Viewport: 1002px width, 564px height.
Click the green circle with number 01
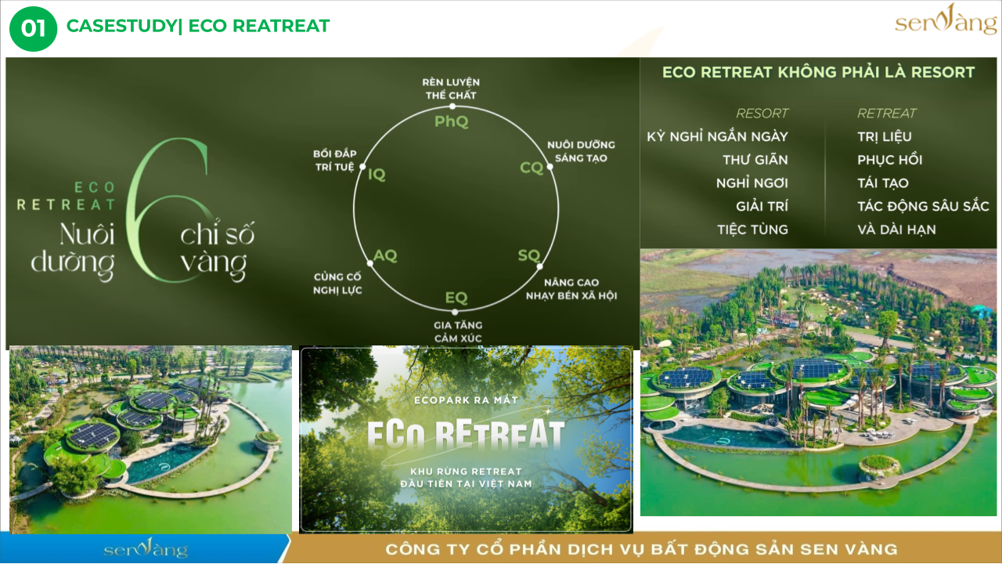pyautogui.click(x=33, y=29)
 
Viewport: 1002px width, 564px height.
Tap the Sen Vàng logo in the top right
pyautogui.click(x=945, y=20)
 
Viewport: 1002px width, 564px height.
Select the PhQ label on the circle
pyautogui.click(x=452, y=121)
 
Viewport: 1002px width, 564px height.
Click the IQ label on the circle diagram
pyautogui.click(x=377, y=174)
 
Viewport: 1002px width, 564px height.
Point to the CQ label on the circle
pyautogui.click(x=532, y=168)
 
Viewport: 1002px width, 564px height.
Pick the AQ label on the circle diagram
pyautogui.click(x=385, y=255)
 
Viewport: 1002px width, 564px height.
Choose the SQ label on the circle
pyautogui.click(x=529, y=255)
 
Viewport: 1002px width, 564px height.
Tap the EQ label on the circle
pyautogui.click(x=456, y=298)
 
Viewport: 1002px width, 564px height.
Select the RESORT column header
pyautogui.click(x=762, y=114)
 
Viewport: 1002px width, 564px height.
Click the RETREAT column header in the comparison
pyautogui.click(x=887, y=114)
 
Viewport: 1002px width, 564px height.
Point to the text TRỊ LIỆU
pyautogui.click(x=885, y=136)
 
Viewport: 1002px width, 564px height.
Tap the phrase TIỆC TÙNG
pyautogui.click(x=753, y=230)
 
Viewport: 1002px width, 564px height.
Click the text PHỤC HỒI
pyautogui.click(x=890, y=160)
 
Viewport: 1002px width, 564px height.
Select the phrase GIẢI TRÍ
pyautogui.click(x=762, y=206)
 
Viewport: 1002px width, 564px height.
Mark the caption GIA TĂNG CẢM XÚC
pyautogui.click(x=458, y=331)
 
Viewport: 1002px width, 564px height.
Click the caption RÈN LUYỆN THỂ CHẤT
pyautogui.click(x=451, y=89)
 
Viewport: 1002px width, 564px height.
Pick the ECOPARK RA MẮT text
pyautogui.click(x=466, y=400)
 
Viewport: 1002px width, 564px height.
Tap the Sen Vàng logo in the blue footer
pyautogui.click(x=146, y=548)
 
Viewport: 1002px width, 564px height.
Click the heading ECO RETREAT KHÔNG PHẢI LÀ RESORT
pyautogui.click(x=819, y=72)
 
